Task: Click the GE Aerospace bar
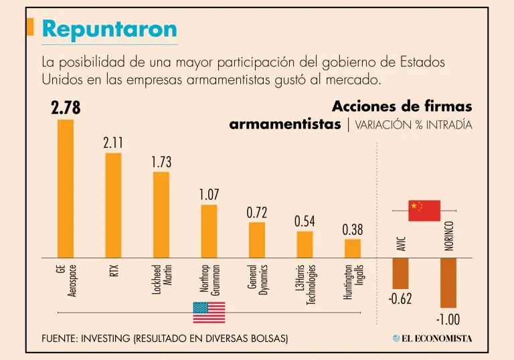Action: coord(65,189)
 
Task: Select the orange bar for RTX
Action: coord(113,205)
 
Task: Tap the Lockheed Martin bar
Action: coord(161,215)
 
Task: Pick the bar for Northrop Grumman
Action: coord(209,231)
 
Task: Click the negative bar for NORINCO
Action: coord(448,282)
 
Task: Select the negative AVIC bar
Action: coord(400,274)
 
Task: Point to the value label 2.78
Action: coord(66,108)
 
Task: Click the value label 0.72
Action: coord(257,213)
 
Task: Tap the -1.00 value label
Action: coord(448,319)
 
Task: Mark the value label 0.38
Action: coord(353,230)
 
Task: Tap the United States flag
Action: coord(209,312)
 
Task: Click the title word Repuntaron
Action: coord(109,29)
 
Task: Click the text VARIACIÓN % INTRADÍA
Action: coord(414,125)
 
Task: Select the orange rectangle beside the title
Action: coord(30,27)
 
